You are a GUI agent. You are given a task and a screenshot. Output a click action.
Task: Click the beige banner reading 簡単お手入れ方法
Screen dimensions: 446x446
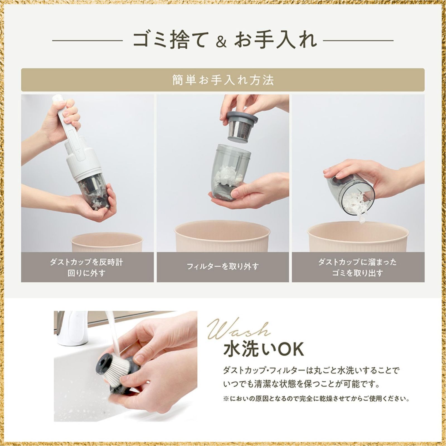pyautogui.click(x=223, y=80)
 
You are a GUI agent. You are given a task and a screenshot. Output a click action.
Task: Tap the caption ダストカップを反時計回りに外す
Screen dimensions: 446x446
pyautogui.click(x=86, y=267)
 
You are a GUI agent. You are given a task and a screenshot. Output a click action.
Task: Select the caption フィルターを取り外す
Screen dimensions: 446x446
pyautogui.click(x=223, y=266)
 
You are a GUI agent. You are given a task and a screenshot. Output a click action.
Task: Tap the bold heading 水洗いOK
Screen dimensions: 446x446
pyautogui.click(x=263, y=350)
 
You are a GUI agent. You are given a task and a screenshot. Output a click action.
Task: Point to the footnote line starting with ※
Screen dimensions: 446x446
pyautogui.click(x=316, y=399)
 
